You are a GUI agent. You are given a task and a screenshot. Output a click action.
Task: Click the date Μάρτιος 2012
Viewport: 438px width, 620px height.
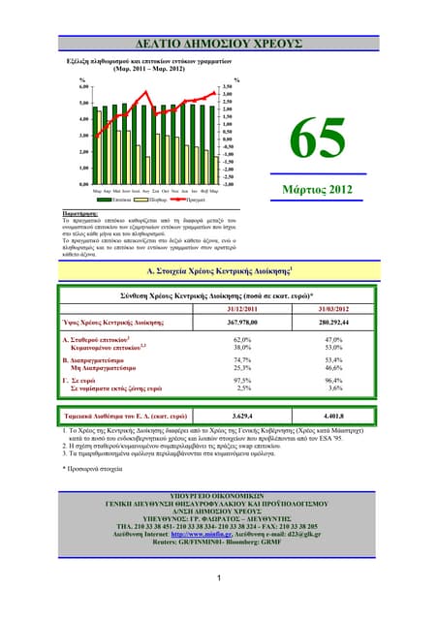point(325,191)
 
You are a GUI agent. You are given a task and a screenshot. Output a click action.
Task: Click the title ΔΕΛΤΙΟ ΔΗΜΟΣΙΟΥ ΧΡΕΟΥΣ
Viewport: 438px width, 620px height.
point(219,39)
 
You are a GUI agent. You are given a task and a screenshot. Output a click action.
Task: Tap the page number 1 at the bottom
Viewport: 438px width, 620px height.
point(219,580)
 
